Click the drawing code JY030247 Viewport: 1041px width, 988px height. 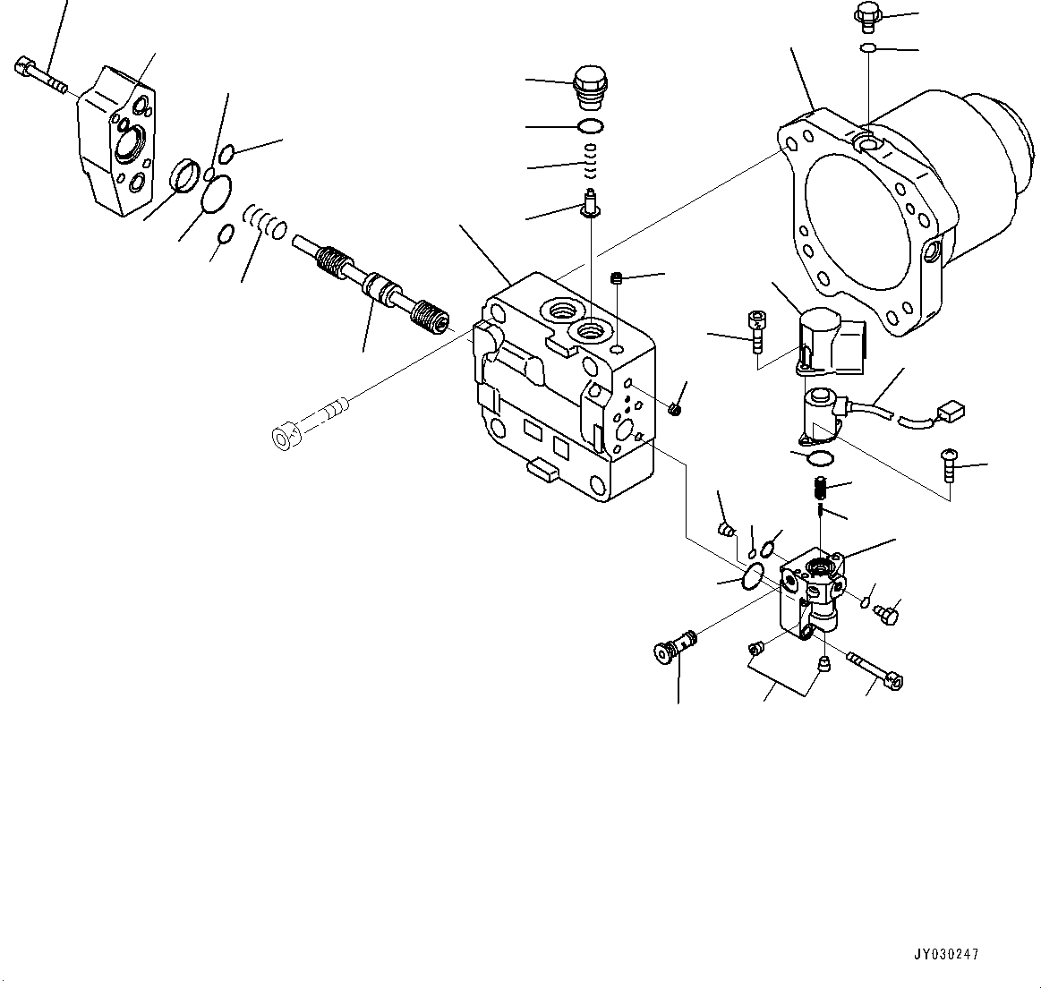tap(946, 954)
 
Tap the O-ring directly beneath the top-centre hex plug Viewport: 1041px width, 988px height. tap(589, 125)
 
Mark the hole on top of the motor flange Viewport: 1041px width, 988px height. tap(864, 141)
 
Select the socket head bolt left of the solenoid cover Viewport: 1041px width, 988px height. tap(756, 330)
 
